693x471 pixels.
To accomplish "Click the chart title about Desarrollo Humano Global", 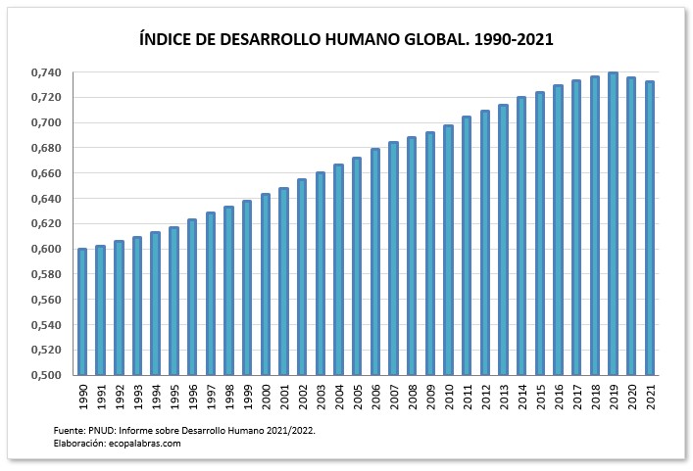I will tap(347, 40).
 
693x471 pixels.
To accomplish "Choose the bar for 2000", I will tap(265, 284).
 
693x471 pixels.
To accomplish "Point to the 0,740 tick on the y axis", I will tap(45, 72).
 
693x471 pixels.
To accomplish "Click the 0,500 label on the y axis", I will tap(45, 375).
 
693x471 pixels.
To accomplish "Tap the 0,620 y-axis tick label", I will tap(45, 223).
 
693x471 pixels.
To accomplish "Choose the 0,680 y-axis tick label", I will tap(45, 148).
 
